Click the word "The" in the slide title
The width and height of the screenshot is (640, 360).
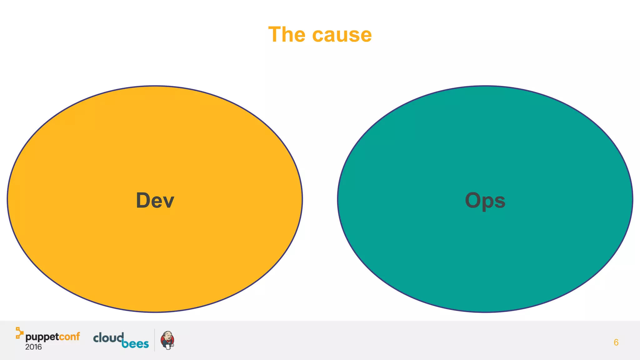[287, 34]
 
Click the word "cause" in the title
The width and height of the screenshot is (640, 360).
[342, 35]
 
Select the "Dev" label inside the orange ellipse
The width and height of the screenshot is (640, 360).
[155, 200]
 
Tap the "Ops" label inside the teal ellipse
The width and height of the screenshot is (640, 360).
[485, 201]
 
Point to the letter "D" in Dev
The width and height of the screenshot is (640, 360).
[143, 200]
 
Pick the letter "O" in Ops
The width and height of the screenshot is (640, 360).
[474, 200]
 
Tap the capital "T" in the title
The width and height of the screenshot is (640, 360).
[275, 34]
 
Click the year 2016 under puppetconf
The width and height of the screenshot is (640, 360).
[33, 347]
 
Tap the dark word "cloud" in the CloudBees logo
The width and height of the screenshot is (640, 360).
[108, 338]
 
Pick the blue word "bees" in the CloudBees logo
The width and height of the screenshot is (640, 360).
[135, 344]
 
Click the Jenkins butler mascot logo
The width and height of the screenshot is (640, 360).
[167, 340]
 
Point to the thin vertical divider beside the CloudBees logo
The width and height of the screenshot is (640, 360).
[155, 340]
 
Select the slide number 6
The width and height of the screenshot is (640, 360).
[616, 342]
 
